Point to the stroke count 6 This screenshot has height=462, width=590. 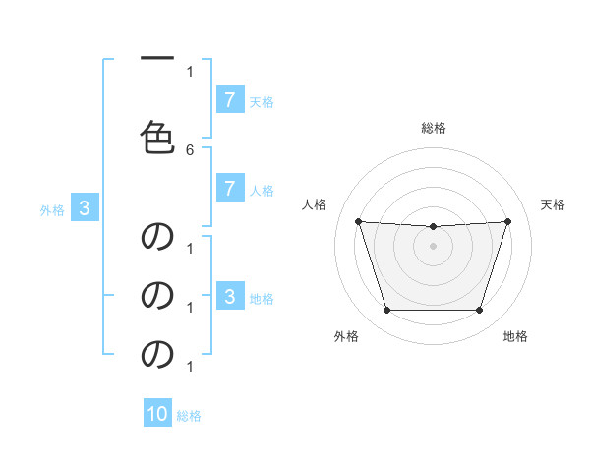point(190,149)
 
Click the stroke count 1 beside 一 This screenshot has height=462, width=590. point(190,71)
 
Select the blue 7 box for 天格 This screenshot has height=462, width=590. point(229,99)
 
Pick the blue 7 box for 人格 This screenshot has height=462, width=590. point(229,189)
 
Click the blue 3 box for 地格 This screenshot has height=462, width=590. point(229,296)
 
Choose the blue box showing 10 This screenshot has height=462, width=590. point(157,414)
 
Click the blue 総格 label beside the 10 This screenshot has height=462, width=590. point(189,416)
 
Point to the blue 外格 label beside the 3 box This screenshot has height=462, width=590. point(51,209)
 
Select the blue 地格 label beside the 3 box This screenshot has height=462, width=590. point(262,298)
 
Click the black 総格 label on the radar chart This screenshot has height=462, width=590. point(433,128)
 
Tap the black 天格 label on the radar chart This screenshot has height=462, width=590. point(553,204)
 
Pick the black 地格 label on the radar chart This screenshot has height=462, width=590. point(515,336)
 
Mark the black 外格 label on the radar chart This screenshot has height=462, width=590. point(345,336)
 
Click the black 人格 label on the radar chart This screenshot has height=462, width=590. point(314,204)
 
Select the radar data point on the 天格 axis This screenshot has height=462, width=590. point(507,221)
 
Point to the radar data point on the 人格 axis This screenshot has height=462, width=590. point(358,221)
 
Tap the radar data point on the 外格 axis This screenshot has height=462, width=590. point(386,311)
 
